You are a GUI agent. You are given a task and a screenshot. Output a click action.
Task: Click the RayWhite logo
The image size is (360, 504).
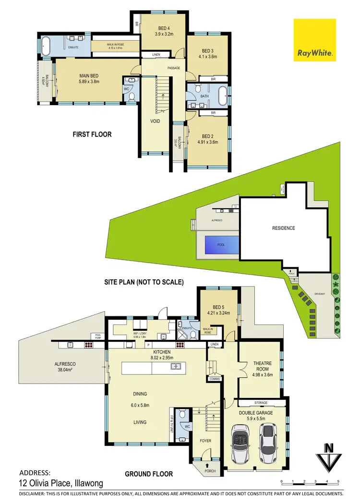pyautogui.click(x=315, y=44)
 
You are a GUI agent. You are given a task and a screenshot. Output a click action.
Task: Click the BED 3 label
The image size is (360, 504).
pyautogui.click(x=207, y=50)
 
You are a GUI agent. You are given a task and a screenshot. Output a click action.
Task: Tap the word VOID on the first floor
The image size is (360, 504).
pyautogui.click(x=155, y=121)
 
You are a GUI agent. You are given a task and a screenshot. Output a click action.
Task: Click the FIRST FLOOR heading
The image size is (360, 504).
pyautogui.click(x=92, y=134)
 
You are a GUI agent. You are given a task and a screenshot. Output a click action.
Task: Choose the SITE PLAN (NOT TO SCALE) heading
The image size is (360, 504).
pyautogui.click(x=144, y=282)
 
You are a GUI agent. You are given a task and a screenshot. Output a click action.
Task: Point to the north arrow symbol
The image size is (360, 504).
pyautogui.click(x=329, y=455)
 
